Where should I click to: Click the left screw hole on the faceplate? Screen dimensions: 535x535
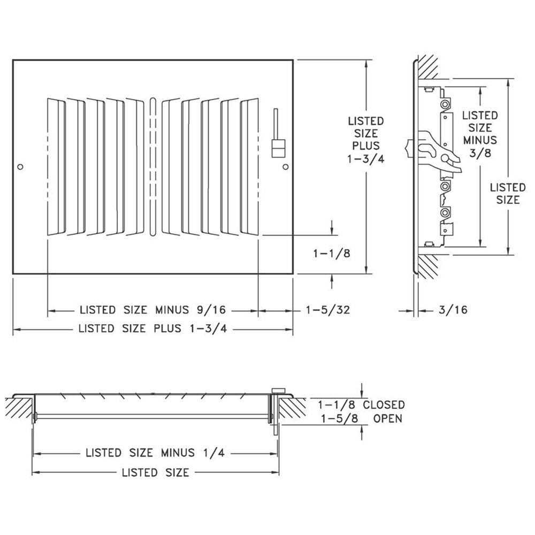pyautogui.click(x=20, y=167)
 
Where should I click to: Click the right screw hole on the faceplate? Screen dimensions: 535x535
pyautogui.click(x=285, y=167)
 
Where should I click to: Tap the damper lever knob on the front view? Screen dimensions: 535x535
pyautogui.click(x=277, y=148)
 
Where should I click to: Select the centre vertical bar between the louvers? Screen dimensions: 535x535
pyautogui.click(x=153, y=166)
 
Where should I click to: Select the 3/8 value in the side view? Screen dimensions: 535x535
pyautogui.click(x=480, y=152)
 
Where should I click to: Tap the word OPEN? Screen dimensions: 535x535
pyautogui.click(x=387, y=418)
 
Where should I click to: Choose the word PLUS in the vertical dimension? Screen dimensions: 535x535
pyautogui.click(x=365, y=146)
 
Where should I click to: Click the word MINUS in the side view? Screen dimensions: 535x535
pyautogui.click(x=480, y=140)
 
